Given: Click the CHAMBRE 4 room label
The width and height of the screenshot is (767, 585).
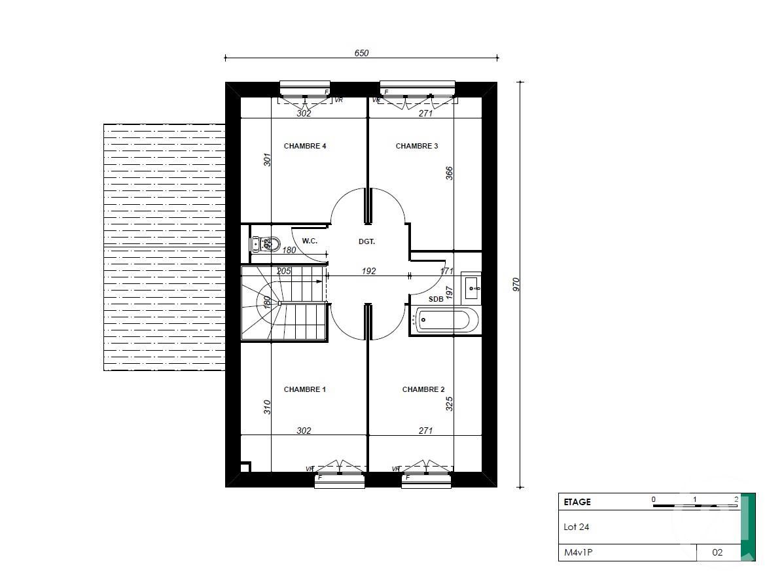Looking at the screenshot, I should point(305,146).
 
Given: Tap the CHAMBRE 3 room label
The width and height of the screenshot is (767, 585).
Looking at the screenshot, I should point(417,146).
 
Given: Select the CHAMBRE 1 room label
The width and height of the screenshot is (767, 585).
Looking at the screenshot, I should point(305,389).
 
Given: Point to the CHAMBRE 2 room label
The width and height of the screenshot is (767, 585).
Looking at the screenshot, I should point(423,389).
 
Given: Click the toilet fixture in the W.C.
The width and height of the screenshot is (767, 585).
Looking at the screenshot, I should point(265,245).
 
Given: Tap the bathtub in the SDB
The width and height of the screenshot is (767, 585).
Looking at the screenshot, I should point(443,320).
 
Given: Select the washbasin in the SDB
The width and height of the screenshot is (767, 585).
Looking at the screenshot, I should point(471,287).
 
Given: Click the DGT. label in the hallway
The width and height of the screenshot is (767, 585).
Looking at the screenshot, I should point(366,241).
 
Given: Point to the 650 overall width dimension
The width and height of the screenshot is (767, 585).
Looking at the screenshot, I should point(362,53).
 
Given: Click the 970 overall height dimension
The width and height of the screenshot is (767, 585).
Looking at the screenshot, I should point(516,284).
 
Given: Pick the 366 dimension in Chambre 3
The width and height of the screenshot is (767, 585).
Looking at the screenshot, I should point(449,173).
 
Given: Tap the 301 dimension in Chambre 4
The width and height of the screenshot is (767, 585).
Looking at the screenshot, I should point(267,160).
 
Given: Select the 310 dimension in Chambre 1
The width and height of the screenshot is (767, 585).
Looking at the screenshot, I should point(267,407).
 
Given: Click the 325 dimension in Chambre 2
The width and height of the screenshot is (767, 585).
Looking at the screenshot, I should point(449,403).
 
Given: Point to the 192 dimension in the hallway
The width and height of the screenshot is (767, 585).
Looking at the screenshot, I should point(369,271).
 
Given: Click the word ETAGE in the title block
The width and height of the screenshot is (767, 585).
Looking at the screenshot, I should point(577,502).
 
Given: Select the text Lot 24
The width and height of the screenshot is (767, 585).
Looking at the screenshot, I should point(577,527).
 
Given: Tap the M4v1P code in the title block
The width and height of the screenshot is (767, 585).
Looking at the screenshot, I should point(579,552).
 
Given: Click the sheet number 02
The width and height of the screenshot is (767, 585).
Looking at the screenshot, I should point(717,552).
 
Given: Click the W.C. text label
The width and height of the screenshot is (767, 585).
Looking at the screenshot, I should point(310,241).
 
